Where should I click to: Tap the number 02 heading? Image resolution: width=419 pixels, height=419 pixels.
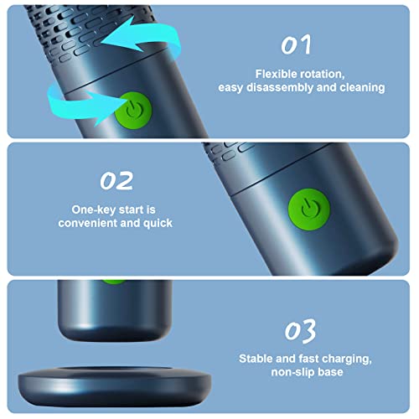[x=116, y=180]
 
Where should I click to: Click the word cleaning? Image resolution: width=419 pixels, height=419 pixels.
[x=362, y=86]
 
